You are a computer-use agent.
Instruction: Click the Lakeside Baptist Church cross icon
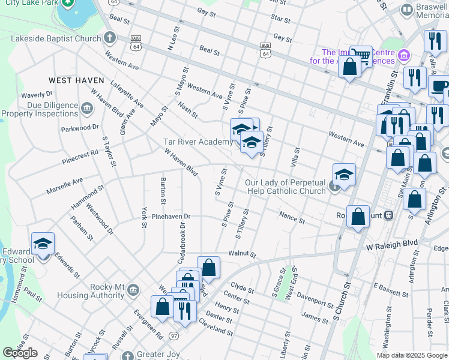tap(109, 38)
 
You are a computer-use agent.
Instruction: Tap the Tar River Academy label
tap(197, 142)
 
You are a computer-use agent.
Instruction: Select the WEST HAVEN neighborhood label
tap(76, 80)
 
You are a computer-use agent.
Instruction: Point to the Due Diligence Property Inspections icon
tap(88, 109)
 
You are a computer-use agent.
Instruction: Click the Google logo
tap(20, 353)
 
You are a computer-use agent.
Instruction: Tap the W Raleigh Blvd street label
tap(392, 245)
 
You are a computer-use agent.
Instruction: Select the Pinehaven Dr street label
tap(170, 216)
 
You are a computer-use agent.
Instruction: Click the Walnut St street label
tap(242, 254)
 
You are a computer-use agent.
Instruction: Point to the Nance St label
tap(292, 217)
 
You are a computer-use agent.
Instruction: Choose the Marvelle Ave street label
tap(65, 186)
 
